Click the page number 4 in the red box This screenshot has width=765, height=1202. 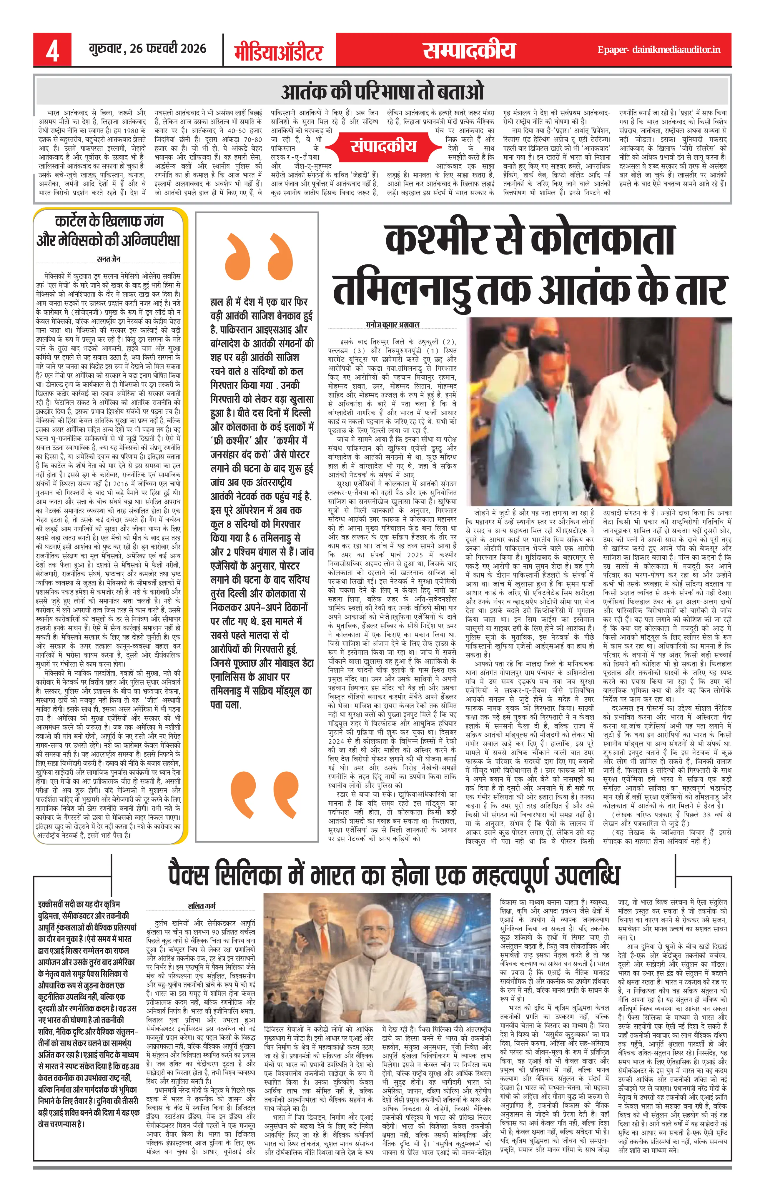pos(52,50)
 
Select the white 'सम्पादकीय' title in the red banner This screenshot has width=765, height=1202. pos(468,50)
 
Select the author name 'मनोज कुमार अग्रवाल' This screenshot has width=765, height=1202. pos(393,324)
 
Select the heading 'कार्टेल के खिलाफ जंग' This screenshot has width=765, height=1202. pos(109,221)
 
